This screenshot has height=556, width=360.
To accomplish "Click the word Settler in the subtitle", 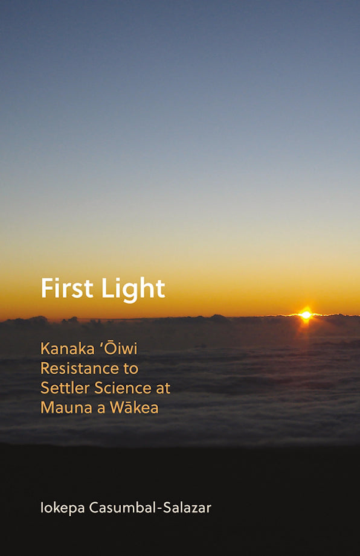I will coord(62,388).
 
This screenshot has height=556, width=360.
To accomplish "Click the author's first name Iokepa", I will coord(63,508).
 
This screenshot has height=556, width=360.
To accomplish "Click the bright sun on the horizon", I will coord(306,315).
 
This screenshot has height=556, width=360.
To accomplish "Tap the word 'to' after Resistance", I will coord(130,368).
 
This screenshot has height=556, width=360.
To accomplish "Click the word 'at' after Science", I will coord(162,388).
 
